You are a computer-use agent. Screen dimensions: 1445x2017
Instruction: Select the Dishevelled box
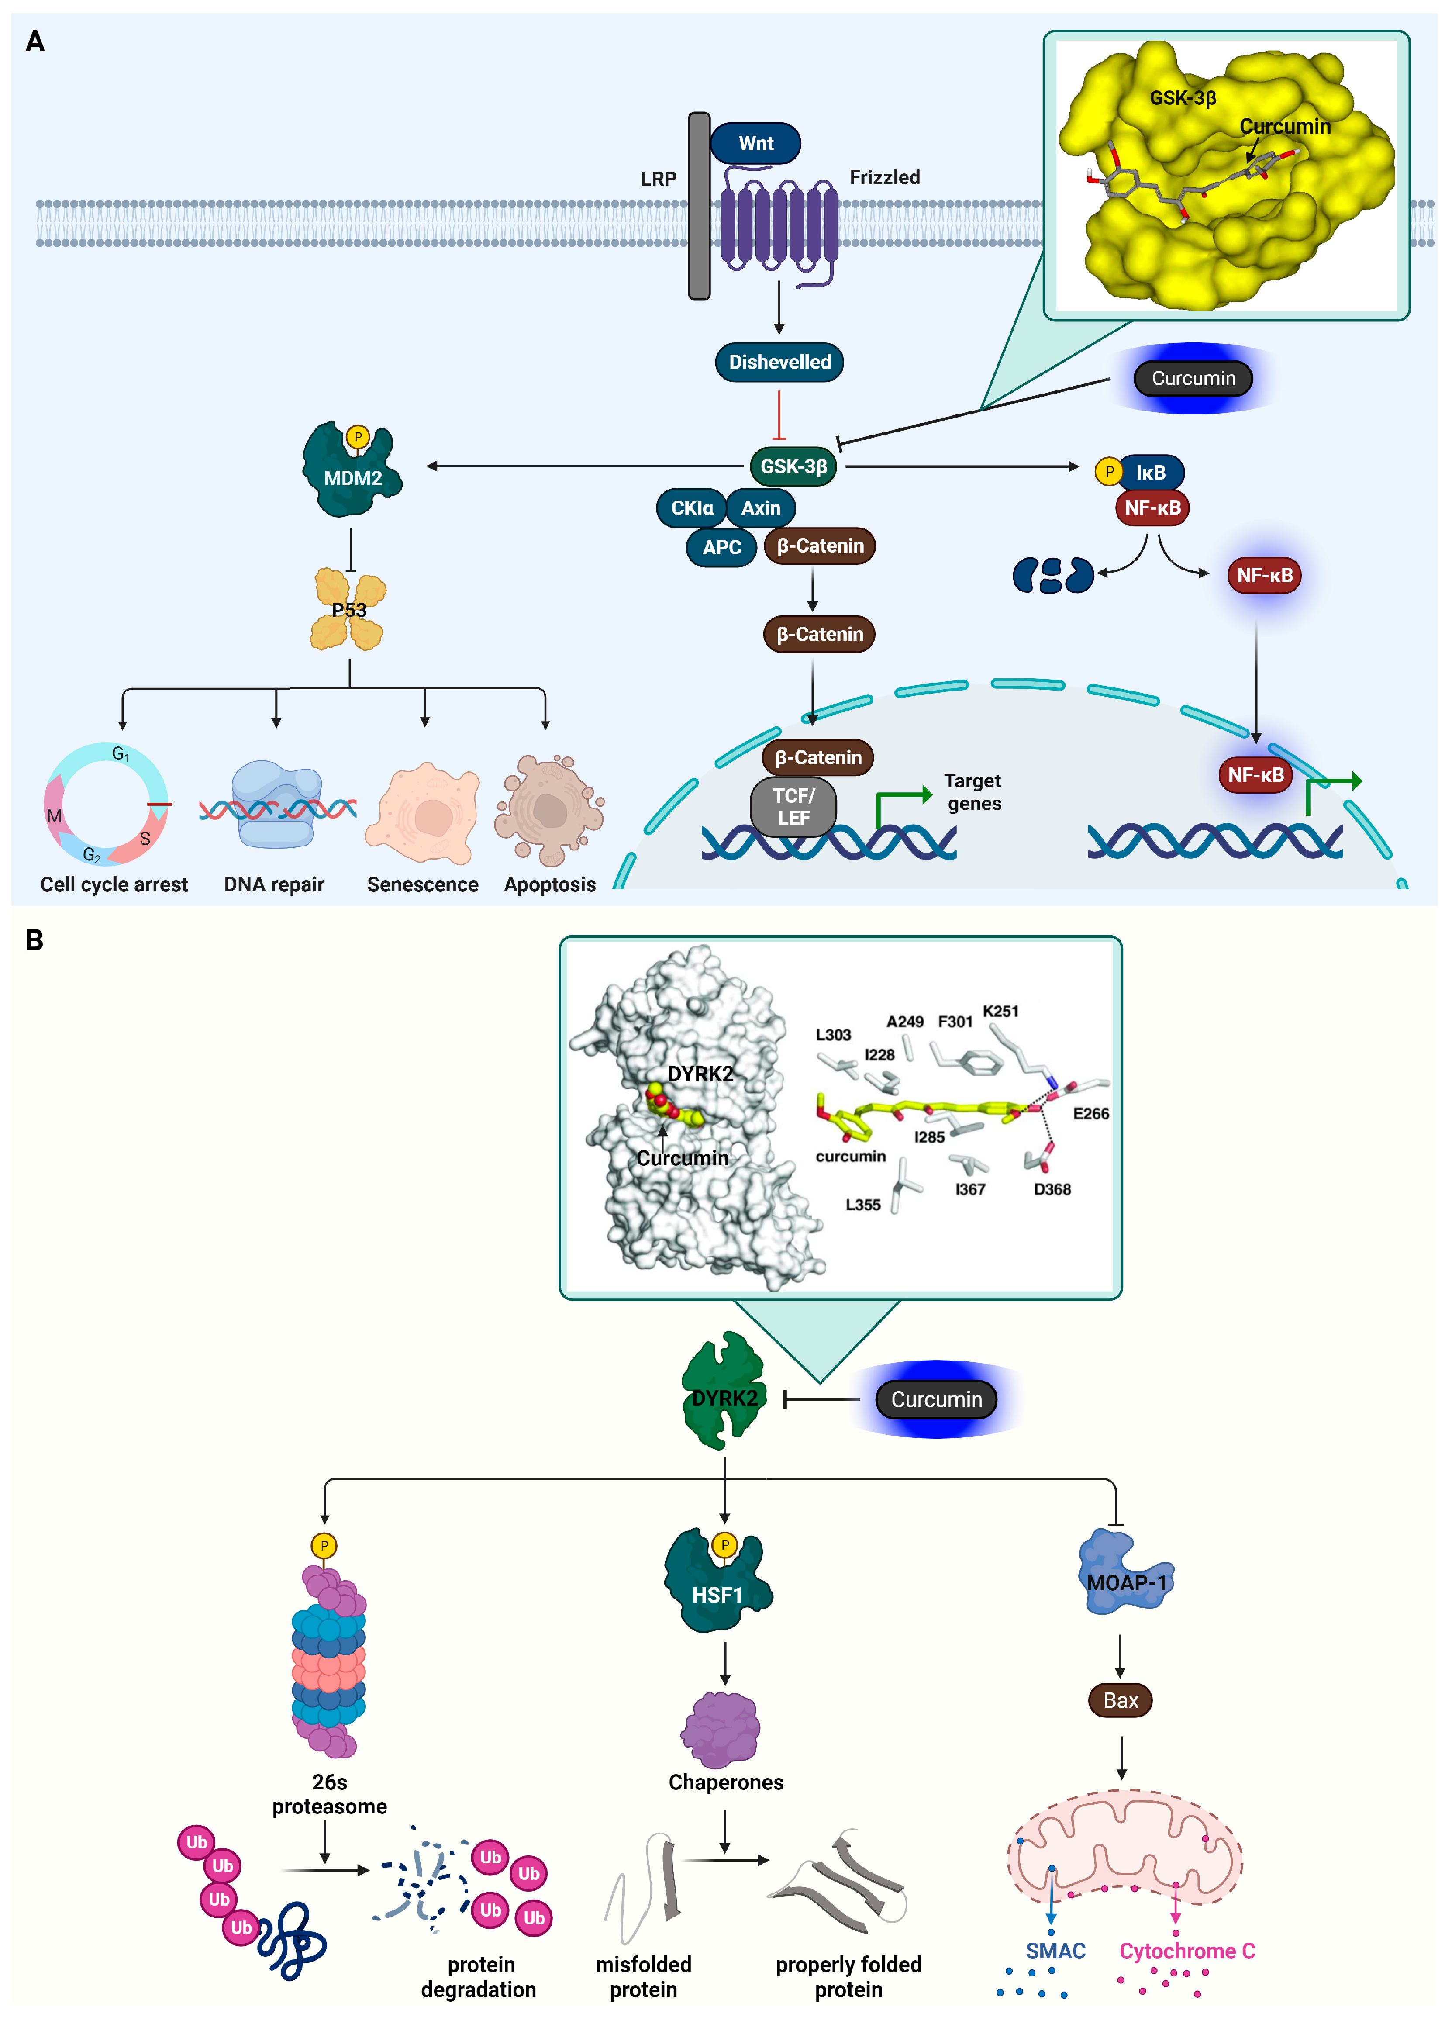(x=780, y=362)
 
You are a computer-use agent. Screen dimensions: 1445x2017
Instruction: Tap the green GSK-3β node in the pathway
(x=793, y=466)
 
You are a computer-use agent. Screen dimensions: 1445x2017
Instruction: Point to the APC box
(x=721, y=547)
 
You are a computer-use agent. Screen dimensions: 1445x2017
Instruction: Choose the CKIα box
(x=692, y=508)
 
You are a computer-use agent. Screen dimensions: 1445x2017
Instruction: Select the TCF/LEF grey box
(x=793, y=807)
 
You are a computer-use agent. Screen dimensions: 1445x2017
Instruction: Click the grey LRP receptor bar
(x=699, y=205)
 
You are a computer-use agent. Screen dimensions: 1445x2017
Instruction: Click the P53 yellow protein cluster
(x=348, y=610)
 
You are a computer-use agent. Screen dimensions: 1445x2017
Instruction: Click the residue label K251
(x=1000, y=1011)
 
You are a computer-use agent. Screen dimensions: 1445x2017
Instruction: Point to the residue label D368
(x=1052, y=1189)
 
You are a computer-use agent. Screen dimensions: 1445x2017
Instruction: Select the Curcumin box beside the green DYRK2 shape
(x=936, y=1399)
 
